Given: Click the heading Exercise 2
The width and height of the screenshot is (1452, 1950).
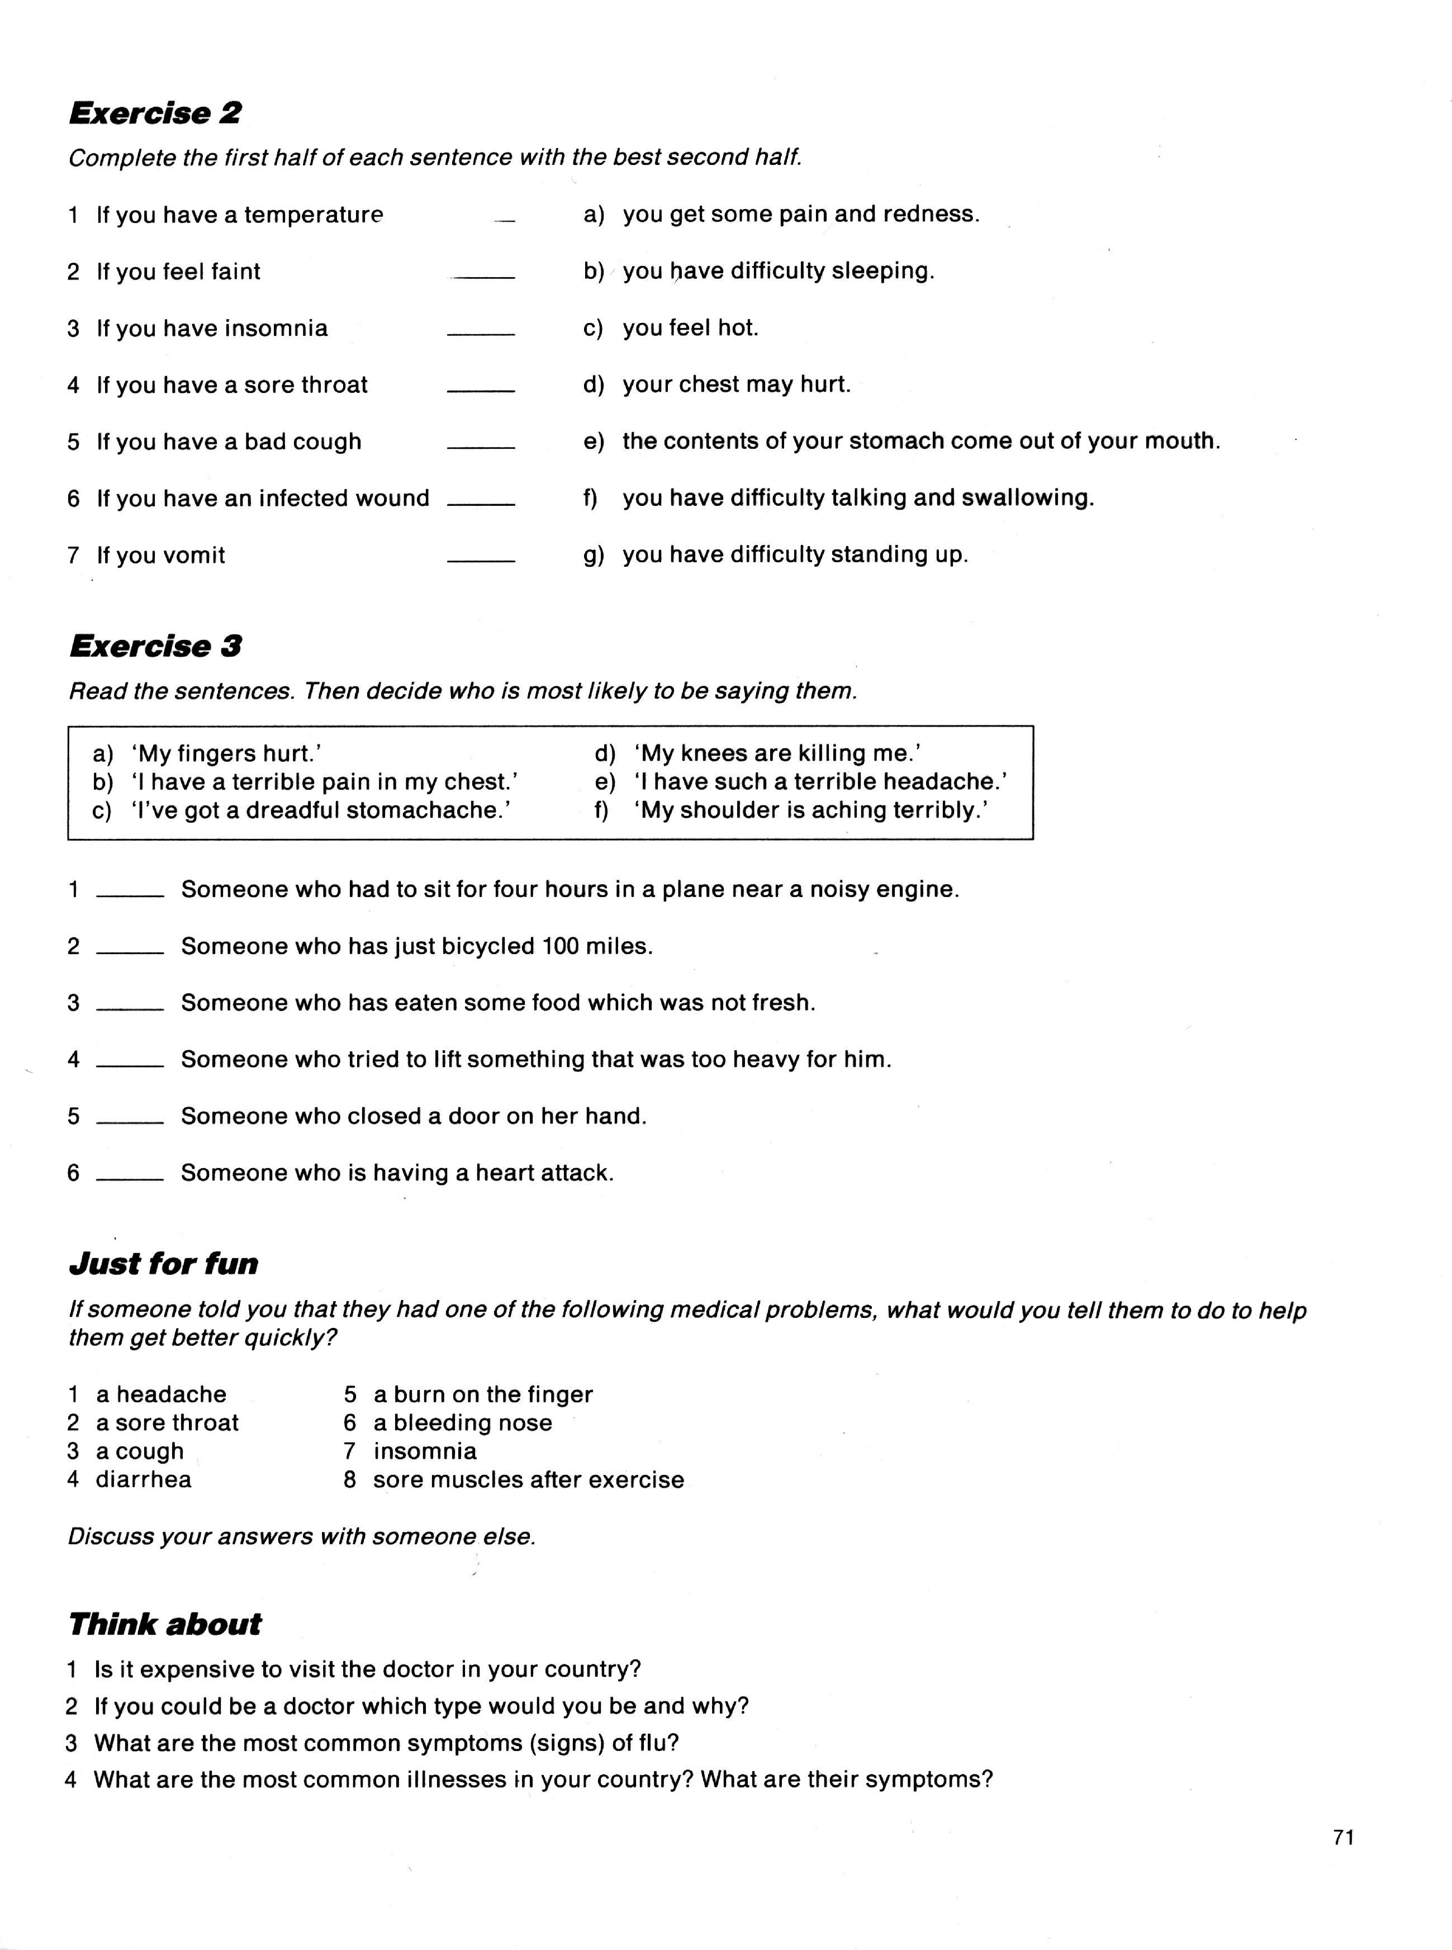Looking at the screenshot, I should point(155,113).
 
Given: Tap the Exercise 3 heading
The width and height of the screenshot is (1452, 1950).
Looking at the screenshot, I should point(155,647).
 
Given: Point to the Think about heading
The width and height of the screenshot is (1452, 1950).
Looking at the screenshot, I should point(164,1624).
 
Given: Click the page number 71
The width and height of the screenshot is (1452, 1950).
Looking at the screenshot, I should point(1343,1838).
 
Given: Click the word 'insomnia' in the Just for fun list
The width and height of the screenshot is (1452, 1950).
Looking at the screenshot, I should point(425,1451).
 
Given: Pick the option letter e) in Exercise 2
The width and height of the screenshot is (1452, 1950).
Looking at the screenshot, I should point(594,441).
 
